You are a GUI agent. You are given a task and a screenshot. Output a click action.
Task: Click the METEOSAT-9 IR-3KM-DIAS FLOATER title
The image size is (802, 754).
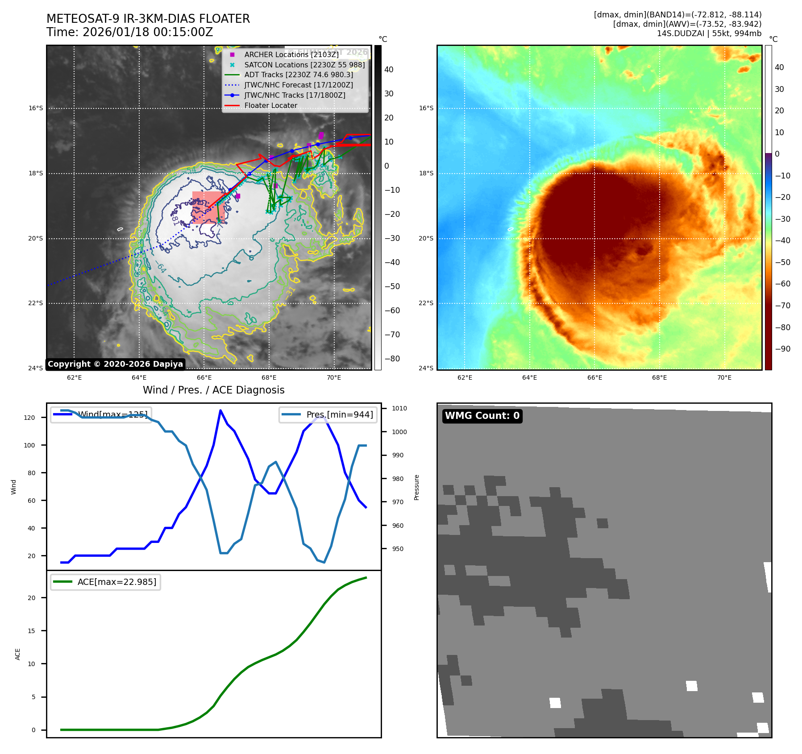coord(148,19)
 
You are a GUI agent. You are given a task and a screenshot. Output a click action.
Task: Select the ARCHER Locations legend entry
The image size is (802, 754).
coord(291,54)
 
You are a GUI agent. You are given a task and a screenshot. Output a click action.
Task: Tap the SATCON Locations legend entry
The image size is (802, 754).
coord(304,65)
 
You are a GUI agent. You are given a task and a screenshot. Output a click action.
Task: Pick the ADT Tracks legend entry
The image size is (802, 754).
coord(298,75)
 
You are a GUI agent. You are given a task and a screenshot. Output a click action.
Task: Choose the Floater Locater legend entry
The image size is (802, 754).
coord(270,105)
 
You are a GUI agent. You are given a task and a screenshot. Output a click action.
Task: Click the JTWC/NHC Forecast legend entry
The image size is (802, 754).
coord(298,85)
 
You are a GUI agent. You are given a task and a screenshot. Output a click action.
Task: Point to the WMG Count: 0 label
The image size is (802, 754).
coord(482,416)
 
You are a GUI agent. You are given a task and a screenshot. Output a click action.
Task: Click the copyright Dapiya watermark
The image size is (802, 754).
coord(115,364)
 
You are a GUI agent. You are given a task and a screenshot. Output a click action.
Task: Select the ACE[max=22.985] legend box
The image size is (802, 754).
coord(106,582)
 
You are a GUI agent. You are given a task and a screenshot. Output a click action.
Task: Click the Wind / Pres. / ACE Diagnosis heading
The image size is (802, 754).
coord(213,390)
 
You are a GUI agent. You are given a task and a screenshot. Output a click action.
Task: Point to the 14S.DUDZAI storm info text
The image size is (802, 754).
coord(709,33)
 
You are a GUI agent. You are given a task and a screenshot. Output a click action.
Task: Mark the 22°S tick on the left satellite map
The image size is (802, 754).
coord(36,303)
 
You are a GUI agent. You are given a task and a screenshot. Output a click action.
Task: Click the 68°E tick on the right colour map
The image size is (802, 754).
coord(659,377)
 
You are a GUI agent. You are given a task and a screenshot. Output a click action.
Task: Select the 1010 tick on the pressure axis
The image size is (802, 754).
coord(399,408)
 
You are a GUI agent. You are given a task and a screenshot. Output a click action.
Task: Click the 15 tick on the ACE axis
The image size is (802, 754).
coord(31,631)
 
